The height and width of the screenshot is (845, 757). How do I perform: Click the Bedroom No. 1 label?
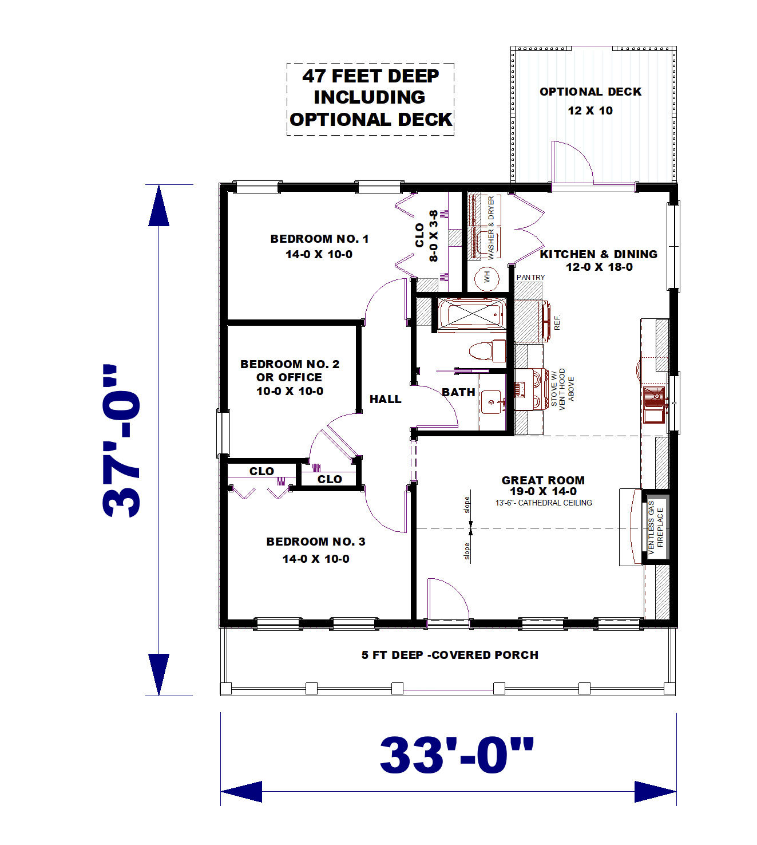pos(319,239)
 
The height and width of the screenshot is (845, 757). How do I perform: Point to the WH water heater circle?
pos(487,277)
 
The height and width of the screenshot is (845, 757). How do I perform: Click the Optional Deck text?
pos(590,92)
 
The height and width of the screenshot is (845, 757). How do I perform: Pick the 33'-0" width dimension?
pos(456,756)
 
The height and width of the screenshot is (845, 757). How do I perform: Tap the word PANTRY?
pos(530,278)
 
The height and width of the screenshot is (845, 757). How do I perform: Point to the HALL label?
pos(385,399)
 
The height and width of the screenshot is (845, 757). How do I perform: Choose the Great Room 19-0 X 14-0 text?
pos(543,485)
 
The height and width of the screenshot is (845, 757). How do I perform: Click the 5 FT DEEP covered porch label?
pos(450,655)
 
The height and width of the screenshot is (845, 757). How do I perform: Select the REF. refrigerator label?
pos(557,322)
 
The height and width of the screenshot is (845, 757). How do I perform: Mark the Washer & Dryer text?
pos(491,227)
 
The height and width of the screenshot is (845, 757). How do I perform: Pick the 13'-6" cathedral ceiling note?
pos(544,503)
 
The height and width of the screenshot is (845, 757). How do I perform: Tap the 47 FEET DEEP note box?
pos(370,98)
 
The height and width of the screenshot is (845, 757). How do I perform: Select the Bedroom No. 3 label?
pos(315,542)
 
